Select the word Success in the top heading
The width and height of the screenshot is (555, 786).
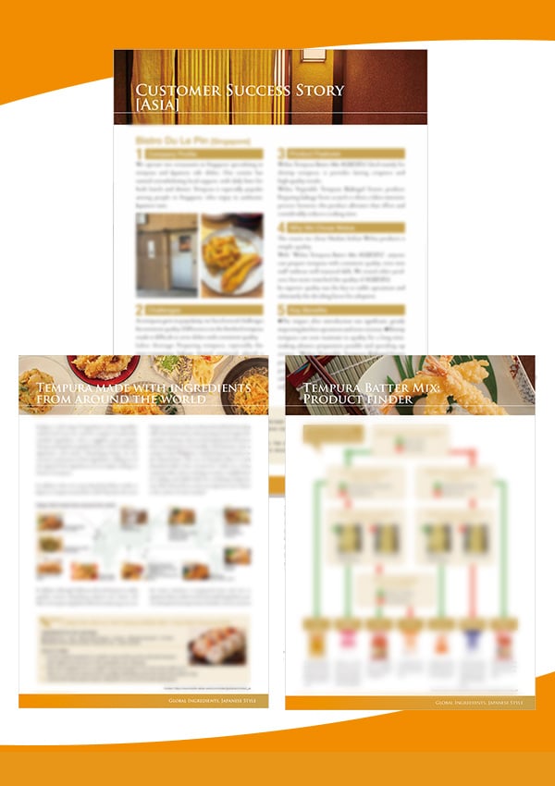tap(244, 91)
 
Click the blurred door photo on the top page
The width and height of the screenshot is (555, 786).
tap(166, 254)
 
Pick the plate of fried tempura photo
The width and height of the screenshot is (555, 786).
tap(231, 254)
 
